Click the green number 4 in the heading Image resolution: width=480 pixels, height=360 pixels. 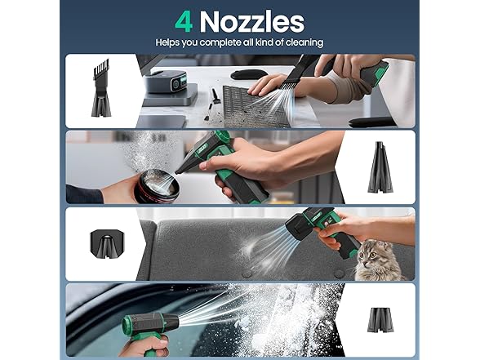[184, 22]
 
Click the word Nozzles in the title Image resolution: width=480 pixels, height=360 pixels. [252, 22]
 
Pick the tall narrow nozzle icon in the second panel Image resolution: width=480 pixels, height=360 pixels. [380, 167]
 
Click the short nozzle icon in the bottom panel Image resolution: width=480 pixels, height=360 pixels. [380, 320]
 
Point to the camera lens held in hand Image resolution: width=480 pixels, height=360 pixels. [156, 186]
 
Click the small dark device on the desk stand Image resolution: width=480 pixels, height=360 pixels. [165, 81]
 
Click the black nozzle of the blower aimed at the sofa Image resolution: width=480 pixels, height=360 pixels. [296, 229]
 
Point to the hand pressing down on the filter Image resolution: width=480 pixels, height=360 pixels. [266, 85]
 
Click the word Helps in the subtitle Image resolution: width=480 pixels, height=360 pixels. [168, 42]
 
